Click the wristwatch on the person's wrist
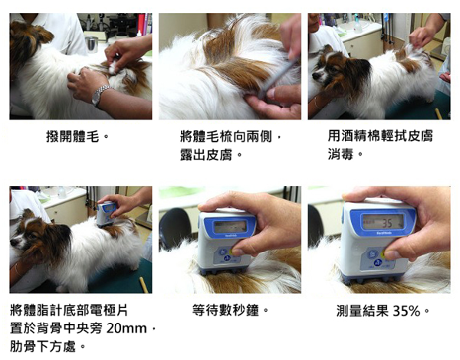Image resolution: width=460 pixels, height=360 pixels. tap(100, 95)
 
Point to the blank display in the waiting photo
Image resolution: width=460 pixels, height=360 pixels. tap(231, 227)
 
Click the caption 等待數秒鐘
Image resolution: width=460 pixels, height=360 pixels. tap(231, 312)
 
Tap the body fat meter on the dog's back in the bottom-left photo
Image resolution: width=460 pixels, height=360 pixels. tap(106, 214)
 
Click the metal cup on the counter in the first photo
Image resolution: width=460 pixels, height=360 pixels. tap(91, 43)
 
